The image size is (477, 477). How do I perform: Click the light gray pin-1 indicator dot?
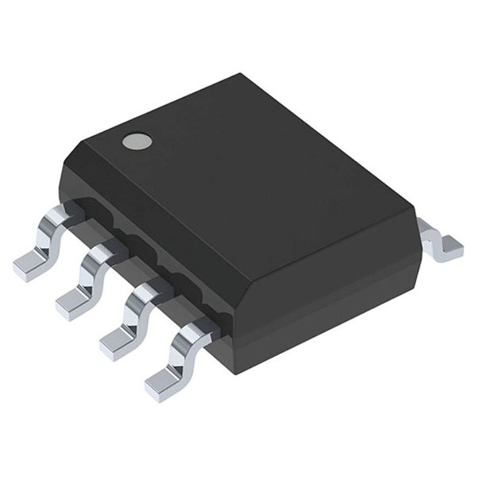click(136, 142)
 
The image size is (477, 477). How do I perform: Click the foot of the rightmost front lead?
click(162, 383)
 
